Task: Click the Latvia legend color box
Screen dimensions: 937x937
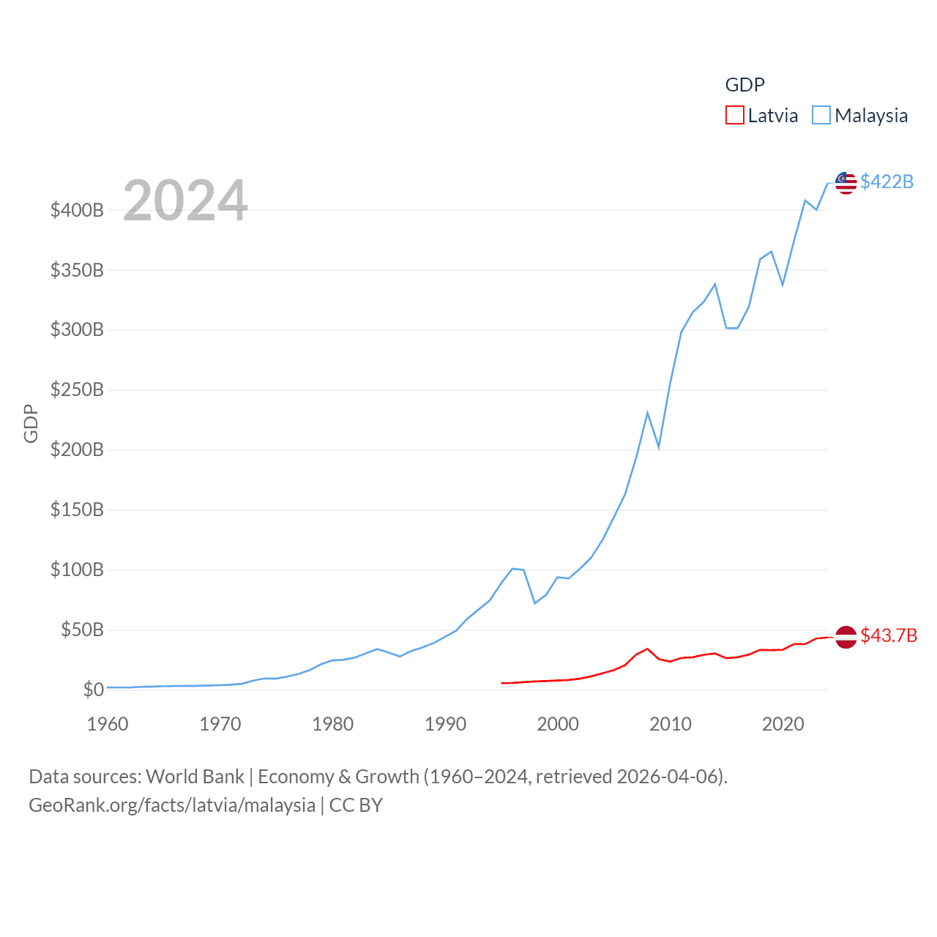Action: pos(734,116)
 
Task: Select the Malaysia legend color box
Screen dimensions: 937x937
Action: pos(821,116)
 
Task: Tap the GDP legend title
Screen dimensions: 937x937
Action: pos(744,85)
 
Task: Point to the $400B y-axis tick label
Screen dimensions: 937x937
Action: pos(77,211)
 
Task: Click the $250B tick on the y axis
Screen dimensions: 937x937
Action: pos(77,390)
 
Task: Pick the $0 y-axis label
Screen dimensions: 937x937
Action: pos(93,690)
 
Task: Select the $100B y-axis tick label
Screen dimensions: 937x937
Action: pos(77,570)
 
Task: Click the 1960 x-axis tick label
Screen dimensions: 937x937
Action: pos(108,725)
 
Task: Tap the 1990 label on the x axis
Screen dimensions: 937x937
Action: pos(445,725)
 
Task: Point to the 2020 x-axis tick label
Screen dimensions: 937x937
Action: pos(783,725)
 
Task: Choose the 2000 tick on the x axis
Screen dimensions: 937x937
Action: pos(558,725)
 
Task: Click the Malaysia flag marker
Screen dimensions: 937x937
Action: pos(845,183)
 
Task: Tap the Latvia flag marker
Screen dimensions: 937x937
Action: pos(845,637)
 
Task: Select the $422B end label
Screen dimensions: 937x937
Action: pos(886,182)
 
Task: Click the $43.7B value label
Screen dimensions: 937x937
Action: pos(889,635)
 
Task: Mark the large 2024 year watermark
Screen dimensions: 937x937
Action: pos(185,201)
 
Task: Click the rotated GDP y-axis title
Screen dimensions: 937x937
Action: pos(31,423)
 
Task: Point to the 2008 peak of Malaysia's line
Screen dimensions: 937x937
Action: pos(647,413)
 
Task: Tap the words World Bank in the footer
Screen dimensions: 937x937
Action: pos(195,777)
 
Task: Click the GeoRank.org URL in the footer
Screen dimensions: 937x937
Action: pos(172,805)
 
